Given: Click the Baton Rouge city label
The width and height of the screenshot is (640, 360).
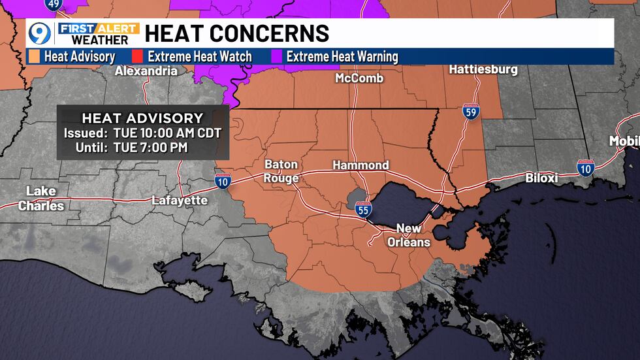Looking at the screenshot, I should (281, 171).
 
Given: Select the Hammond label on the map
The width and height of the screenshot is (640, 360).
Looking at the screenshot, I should (360, 165).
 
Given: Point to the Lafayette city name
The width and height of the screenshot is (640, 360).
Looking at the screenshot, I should (180, 200).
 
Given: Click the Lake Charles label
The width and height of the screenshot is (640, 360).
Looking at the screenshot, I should (41, 198).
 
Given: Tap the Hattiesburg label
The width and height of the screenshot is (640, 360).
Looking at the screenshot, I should (483, 69).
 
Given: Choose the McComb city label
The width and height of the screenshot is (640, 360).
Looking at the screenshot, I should (359, 78).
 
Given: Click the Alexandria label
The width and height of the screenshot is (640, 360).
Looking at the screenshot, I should (146, 71).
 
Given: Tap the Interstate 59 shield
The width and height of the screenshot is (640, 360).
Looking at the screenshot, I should (470, 112).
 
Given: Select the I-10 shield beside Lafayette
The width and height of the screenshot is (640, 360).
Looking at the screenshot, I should (223, 182).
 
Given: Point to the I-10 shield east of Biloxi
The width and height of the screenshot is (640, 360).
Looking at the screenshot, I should (586, 169).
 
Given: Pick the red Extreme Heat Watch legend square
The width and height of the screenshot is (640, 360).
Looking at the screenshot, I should (138, 56).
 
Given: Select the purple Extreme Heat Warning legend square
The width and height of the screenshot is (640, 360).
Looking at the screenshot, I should (277, 56).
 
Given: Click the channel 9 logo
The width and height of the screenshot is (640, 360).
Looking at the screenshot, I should (40, 33).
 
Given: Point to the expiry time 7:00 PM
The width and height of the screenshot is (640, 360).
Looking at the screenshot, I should (159, 148).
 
